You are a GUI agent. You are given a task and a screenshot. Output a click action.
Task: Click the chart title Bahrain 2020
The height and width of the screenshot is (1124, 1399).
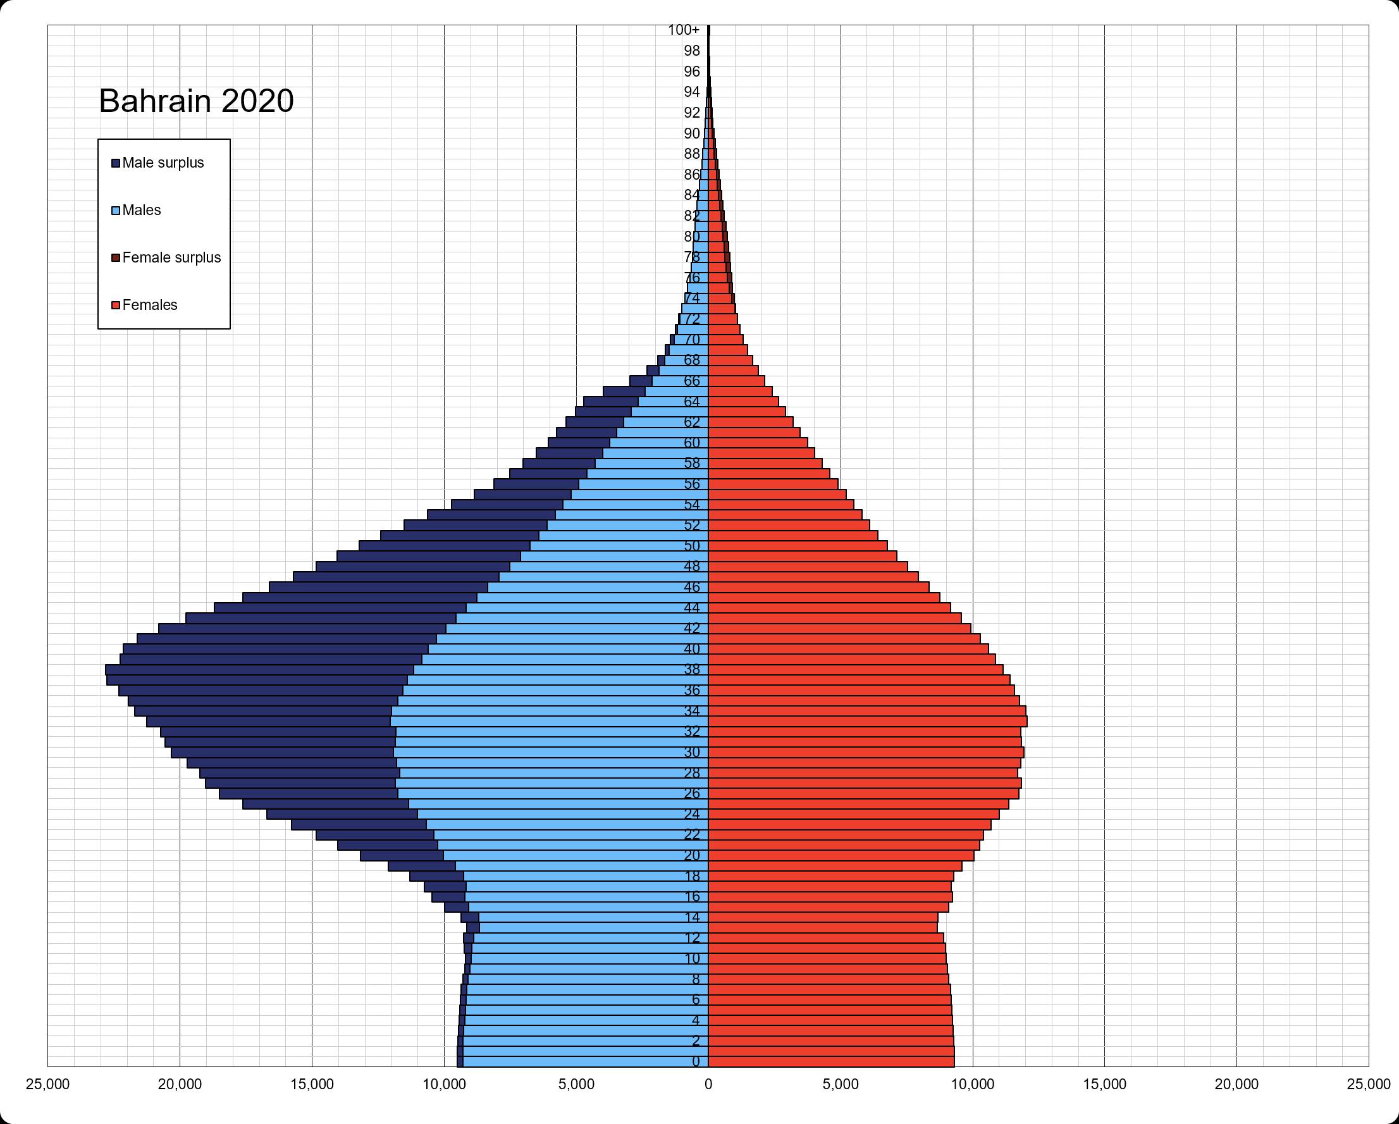(x=196, y=101)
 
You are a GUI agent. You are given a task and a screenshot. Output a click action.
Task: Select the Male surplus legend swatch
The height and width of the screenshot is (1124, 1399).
(x=116, y=163)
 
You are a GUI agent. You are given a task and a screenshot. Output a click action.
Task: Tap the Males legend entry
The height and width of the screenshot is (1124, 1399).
(x=141, y=210)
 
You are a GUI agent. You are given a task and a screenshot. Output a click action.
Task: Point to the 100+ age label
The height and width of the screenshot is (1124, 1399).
(x=683, y=30)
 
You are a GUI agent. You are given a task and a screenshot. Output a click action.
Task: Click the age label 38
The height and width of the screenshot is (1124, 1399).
(x=692, y=669)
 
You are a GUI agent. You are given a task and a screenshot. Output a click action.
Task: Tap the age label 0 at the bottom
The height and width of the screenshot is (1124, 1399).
(x=696, y=1062)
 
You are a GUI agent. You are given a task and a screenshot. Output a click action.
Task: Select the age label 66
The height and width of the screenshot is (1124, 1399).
(x=692, y=381)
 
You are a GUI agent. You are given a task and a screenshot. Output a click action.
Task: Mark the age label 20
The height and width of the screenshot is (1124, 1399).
(x=692, y=855)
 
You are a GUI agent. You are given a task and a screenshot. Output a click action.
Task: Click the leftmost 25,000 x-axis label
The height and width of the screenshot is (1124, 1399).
(x=47, y=1084)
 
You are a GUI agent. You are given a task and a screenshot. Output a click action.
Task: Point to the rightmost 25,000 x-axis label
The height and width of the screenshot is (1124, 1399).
(x=1369, y=1084)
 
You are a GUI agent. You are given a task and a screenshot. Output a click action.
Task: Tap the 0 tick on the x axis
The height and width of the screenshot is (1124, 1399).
(x=708, y=1084)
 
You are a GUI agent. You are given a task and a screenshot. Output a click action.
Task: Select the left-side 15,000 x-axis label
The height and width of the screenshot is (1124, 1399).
(x=311, y=1084)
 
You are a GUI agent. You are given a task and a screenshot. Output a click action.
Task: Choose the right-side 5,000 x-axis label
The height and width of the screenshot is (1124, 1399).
(x=841, y=1084)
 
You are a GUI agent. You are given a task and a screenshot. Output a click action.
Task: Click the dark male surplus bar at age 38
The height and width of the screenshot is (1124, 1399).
(x=259, y=670)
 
